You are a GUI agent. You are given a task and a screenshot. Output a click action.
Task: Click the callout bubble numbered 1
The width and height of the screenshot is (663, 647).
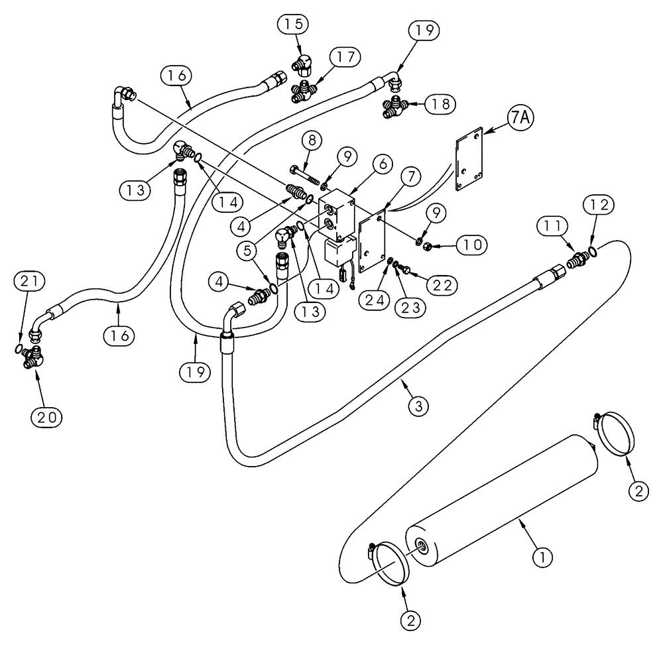542,559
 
